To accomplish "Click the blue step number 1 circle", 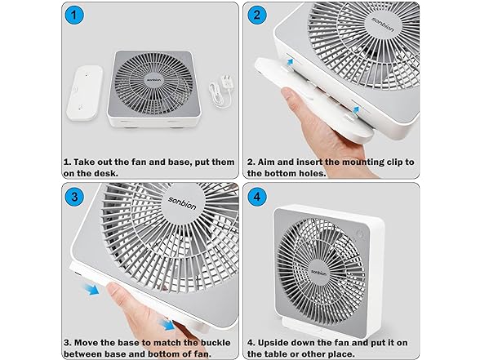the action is pyautogui.click(x=73, y=15).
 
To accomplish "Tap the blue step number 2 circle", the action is pyautogui.click(x=256, y=15).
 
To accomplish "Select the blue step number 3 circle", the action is pyautogui.click(x=74, y=197).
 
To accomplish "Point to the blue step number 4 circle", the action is pyautogui.click(x=256, y=197).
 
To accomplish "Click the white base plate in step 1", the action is pyautogui.click(x=85, y=93).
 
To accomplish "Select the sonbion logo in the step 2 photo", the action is pyautogui.click(x=382, y=24).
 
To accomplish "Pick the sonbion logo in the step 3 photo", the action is pyautogui.click(x=182, y=203).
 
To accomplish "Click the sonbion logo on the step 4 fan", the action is pyautogui.click(x=318, y=273).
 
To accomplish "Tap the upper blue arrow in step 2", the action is pyautogui.click(x=290, y=62).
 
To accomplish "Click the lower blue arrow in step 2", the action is pyautogui.click(x=355, y=110).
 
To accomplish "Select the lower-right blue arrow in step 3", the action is pyautogui.click(x=167, y=325).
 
